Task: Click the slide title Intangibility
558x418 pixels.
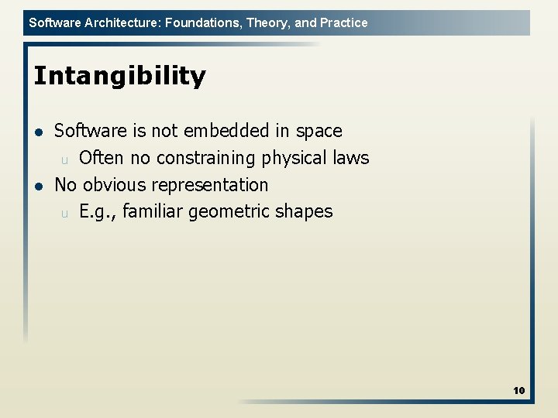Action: (119, 77)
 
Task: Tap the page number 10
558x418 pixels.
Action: (518, 391)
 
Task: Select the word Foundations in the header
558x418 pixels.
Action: (203, 22)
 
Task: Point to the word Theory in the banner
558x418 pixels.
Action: (267, 22)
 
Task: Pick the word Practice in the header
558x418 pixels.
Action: (343, 22)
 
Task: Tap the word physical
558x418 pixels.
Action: (294, 159)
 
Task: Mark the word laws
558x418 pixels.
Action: (350, 158)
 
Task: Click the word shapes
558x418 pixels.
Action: (306, 212)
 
